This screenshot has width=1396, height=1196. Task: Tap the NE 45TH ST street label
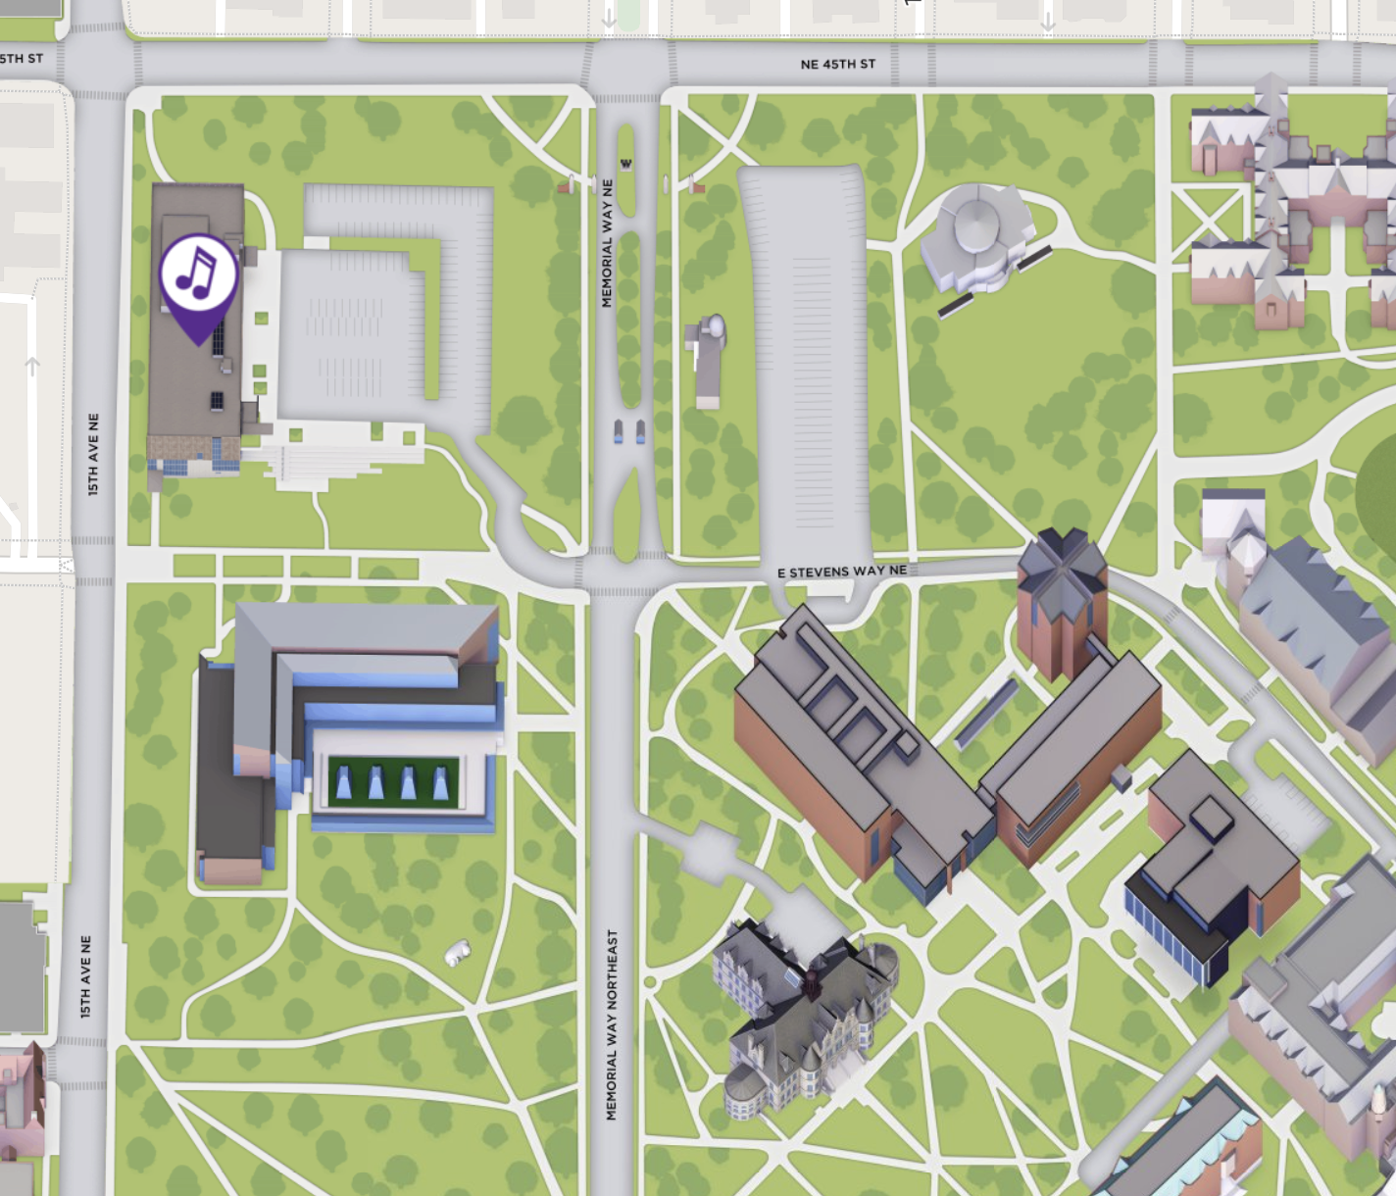click(837, 65)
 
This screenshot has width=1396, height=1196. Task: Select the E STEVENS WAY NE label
click(841, 572)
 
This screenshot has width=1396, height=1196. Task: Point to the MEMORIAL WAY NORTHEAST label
click(612, 1024)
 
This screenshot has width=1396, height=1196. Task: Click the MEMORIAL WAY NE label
click(607, 243)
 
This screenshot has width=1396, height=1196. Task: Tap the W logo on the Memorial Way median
click(625, 164)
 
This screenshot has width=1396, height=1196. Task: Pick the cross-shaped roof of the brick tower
click(1062, 564)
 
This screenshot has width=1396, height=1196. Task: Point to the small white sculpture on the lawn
click(457, 951)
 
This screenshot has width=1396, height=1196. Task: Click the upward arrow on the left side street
click(32, 366)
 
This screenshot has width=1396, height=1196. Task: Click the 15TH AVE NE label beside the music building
click(93, 453)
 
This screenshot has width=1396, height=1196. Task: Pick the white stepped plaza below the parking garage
click(333, 456)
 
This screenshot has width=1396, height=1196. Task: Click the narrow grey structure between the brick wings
click(986, 713)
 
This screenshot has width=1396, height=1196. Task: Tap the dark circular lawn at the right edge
click(1377, 490)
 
